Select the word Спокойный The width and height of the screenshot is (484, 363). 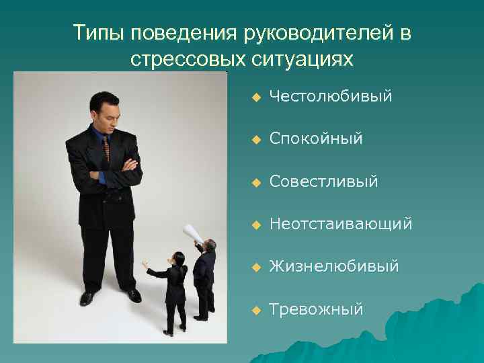tap(316, 139)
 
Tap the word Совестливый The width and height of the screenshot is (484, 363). tap(323, 182)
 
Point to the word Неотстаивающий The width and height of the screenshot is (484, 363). tap(341, 224)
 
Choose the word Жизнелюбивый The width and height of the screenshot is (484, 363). tap(334, 267)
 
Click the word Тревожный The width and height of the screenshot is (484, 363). tap(316, 309)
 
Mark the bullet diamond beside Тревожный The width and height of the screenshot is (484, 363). tap(255, 310)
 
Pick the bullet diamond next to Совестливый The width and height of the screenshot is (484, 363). tap(255, 182)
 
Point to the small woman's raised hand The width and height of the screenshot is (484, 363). tap(145, 264)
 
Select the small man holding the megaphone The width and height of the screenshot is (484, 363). tap(204, 276)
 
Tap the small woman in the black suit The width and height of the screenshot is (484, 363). tap(176, 289)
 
